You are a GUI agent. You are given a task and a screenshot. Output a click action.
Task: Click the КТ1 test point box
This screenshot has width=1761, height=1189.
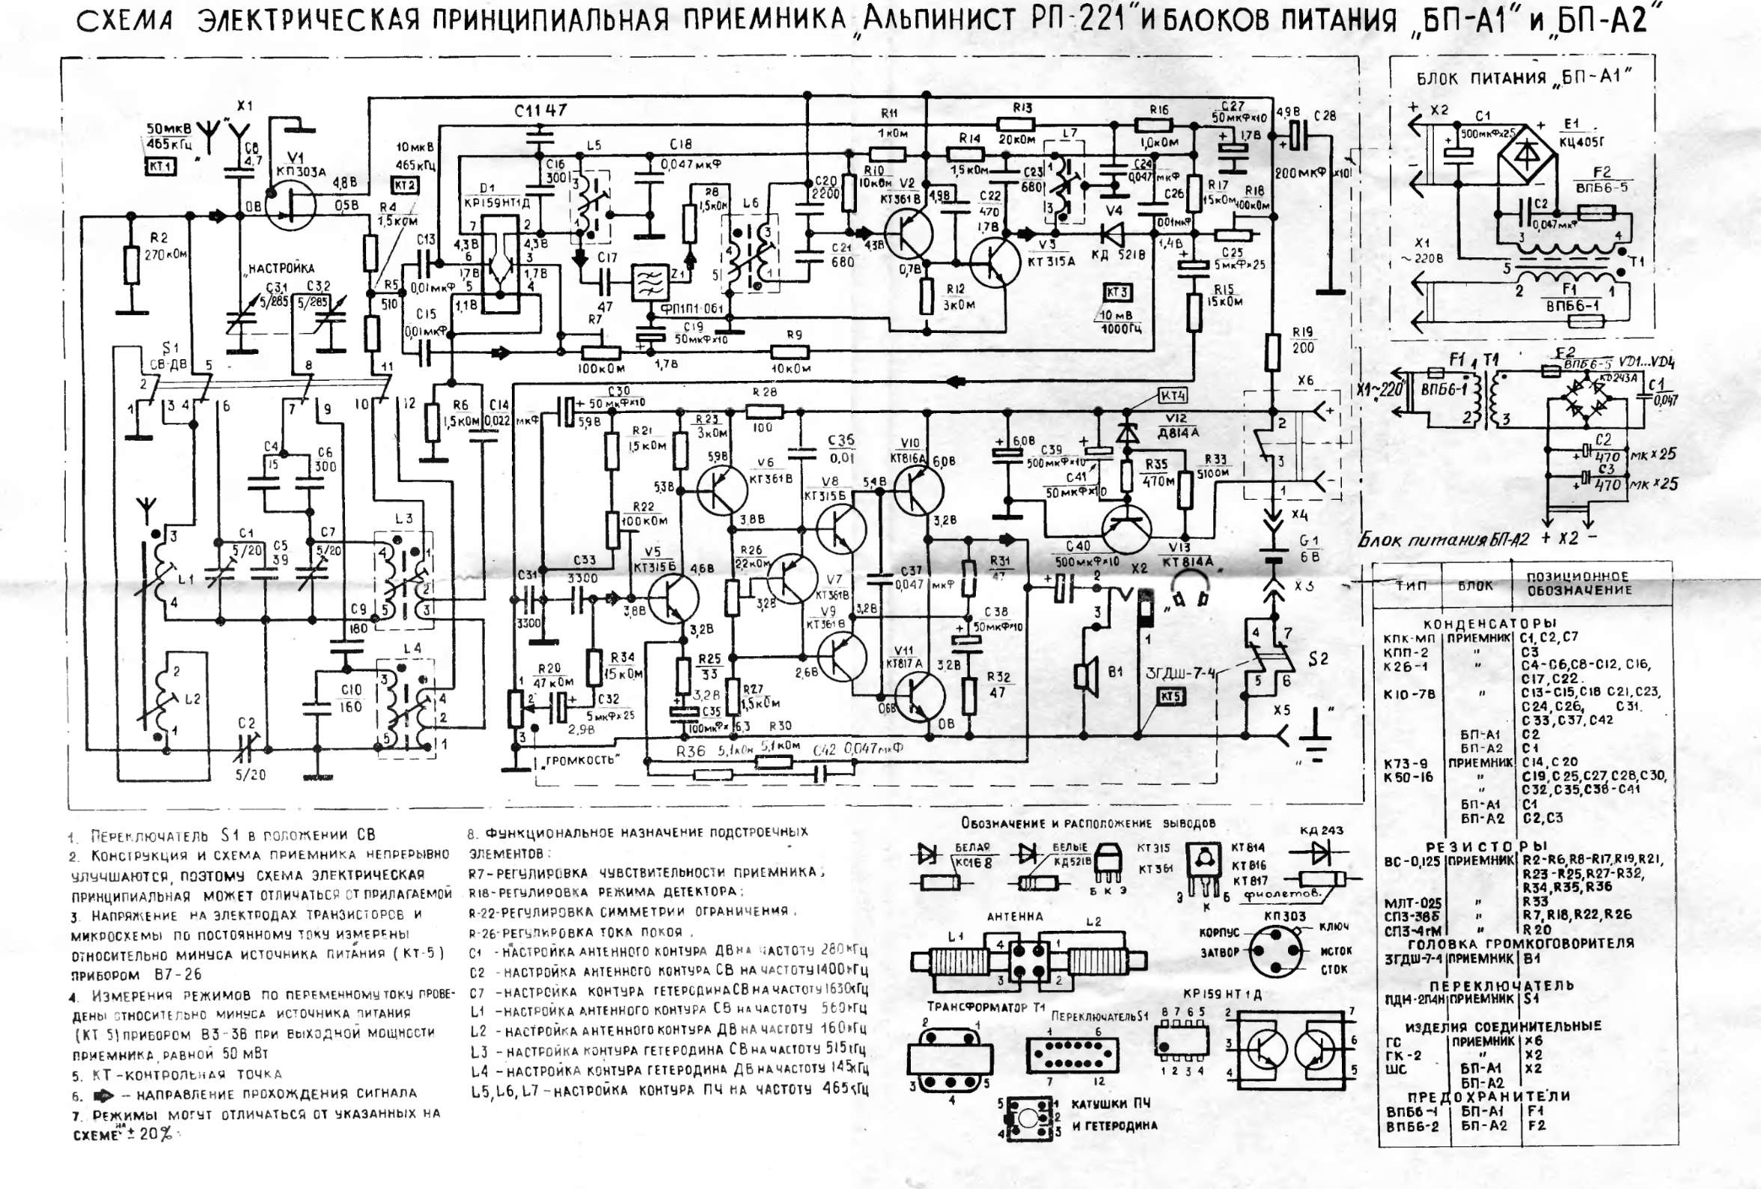point(161,166)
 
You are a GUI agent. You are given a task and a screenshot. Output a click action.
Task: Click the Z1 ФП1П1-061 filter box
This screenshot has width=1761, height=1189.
point(650,284)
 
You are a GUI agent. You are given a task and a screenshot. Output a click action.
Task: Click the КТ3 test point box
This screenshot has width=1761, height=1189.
point(1117,293)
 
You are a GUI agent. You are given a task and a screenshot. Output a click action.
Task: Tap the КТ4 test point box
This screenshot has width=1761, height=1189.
point(1173,397)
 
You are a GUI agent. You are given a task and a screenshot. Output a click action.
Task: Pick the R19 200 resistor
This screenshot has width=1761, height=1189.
point(1274,353)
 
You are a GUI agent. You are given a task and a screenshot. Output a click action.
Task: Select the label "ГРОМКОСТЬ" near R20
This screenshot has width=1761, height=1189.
point(582,760)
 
